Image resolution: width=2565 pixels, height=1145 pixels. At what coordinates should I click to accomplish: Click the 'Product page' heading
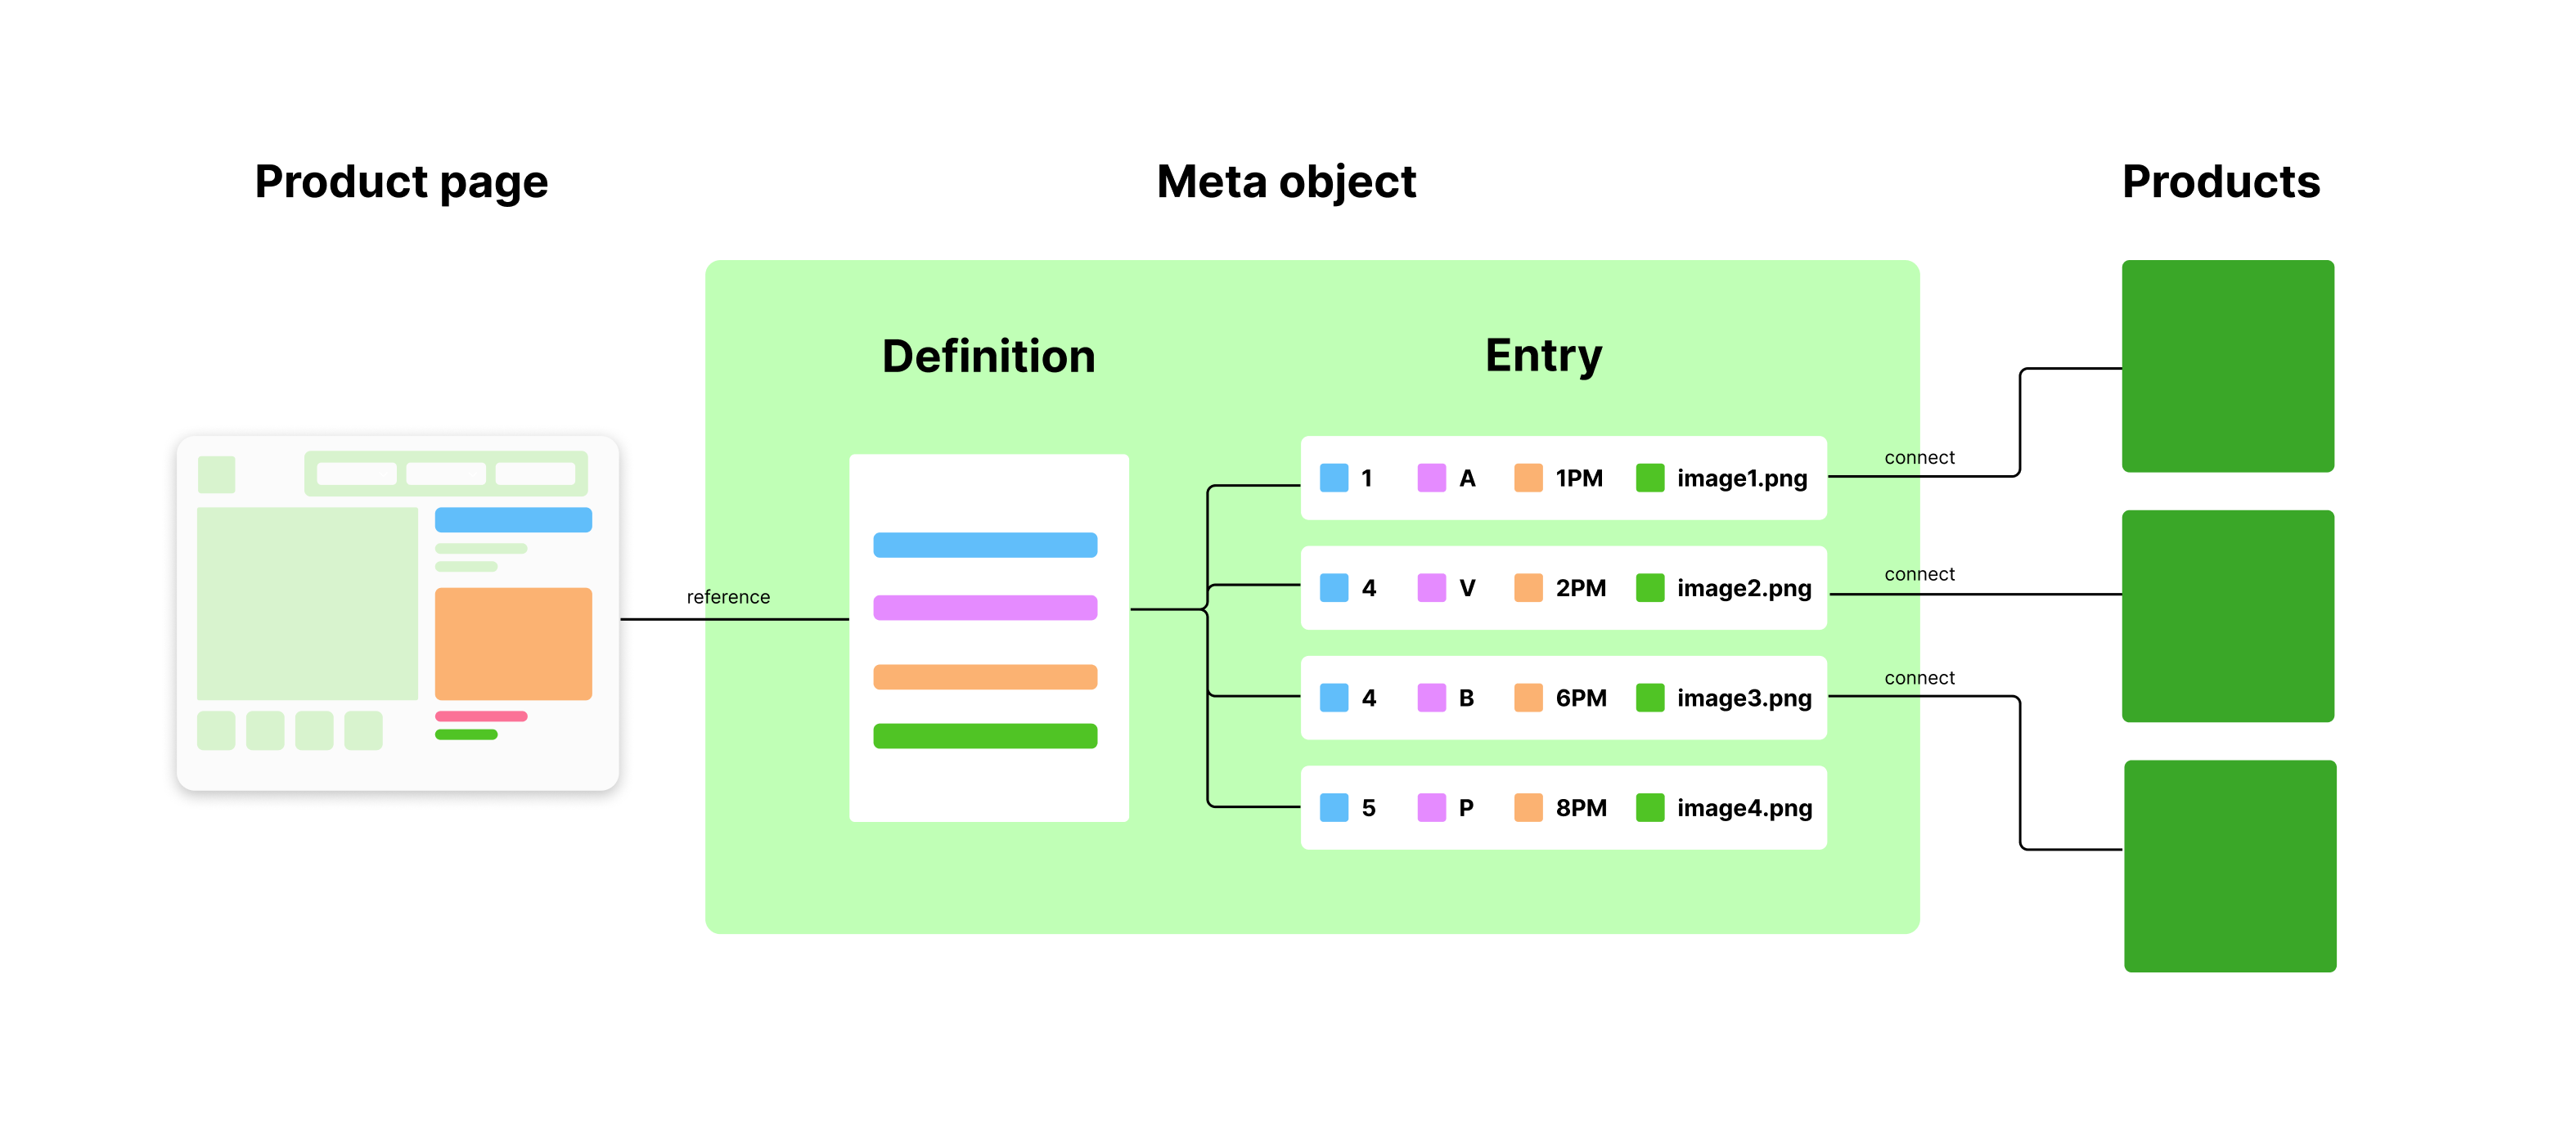point(401,182)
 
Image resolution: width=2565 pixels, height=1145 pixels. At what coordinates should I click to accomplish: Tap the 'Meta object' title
point(1285,182)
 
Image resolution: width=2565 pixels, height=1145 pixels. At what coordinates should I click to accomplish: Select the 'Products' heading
point(2221,182)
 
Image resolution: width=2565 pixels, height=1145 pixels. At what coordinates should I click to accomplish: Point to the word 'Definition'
point(988,357)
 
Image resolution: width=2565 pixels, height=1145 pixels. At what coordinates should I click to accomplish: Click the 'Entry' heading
point(1542,356)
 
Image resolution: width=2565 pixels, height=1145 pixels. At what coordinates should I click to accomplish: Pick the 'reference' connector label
point(728,597)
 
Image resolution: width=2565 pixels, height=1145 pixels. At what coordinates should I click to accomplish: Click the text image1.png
point(1742,479)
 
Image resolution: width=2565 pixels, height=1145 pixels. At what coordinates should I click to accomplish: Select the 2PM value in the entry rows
point(1580,588)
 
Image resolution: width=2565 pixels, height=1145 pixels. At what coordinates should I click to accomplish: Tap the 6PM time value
point(1580,698)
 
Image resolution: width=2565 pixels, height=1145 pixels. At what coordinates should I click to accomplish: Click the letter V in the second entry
point(1467,588)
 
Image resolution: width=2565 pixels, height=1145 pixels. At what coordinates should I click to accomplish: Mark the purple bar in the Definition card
point(985,608)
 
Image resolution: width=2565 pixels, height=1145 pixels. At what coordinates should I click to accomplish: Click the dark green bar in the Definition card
point(985,736)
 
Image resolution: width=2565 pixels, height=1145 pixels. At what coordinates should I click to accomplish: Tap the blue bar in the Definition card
point(985,545)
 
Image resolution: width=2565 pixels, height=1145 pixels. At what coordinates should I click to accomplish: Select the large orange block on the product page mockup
point(513,643)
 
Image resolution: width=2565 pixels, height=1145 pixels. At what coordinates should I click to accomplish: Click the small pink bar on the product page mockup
point(481,716)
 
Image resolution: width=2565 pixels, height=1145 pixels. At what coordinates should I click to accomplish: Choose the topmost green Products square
point(2227,366)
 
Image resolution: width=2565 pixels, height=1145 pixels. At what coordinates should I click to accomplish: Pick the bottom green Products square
point(2230,865)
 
